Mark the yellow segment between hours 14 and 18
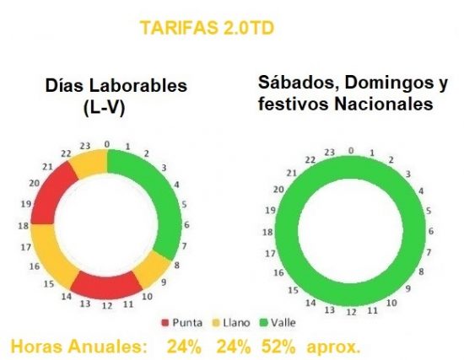coord(43,262)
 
